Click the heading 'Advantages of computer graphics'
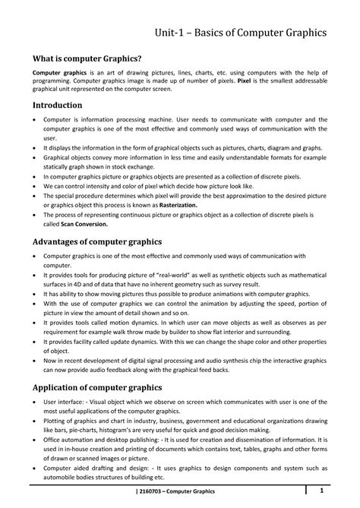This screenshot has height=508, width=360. click(x=96, y=241)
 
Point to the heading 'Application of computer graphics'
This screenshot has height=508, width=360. click(x=97, y=387)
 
